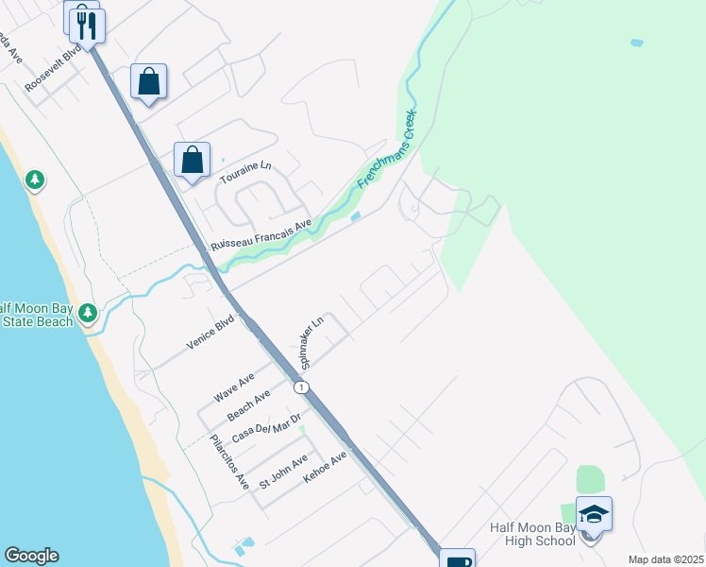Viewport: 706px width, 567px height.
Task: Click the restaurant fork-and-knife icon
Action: point(87,23)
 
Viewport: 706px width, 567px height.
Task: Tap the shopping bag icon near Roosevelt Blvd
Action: point(149,81)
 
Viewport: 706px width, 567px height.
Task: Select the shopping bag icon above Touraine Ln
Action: point(192,160)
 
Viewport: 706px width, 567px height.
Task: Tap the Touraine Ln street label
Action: point(245,172)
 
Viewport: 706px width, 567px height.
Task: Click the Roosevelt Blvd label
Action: point(55,66)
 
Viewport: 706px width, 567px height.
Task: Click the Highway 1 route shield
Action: point(301,387)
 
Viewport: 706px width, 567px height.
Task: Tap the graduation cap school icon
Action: point(594,514)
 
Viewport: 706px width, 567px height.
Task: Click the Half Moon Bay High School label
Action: point(532,534)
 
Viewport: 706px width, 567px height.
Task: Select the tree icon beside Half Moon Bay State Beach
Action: point(88,312)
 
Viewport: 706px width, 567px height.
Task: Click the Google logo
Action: point(31,556)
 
